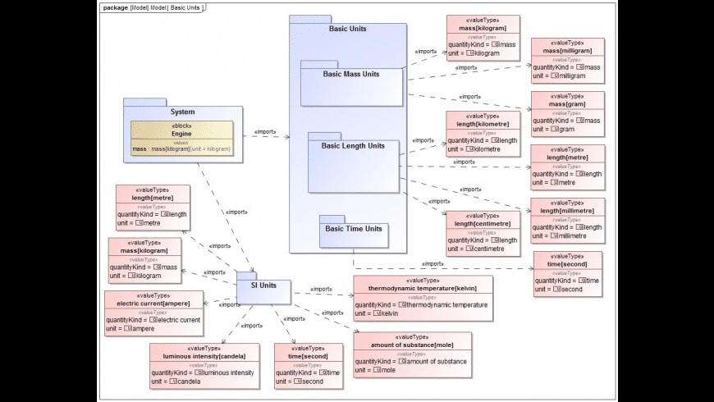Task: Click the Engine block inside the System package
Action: (181, 133)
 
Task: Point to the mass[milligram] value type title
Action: (567, 50)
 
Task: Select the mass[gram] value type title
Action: (567, 104)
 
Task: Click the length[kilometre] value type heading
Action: (483, 124)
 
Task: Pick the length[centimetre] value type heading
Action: (483, 223)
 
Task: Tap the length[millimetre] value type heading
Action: (567, 211)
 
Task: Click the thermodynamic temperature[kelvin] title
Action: (423, 289)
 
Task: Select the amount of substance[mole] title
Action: (413, 345)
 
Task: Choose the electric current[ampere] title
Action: (153, 304)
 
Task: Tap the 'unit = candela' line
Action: (176, 381)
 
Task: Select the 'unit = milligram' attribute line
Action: (560, 76)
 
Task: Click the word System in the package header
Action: (182, 112)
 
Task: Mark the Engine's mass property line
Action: (181, 149)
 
